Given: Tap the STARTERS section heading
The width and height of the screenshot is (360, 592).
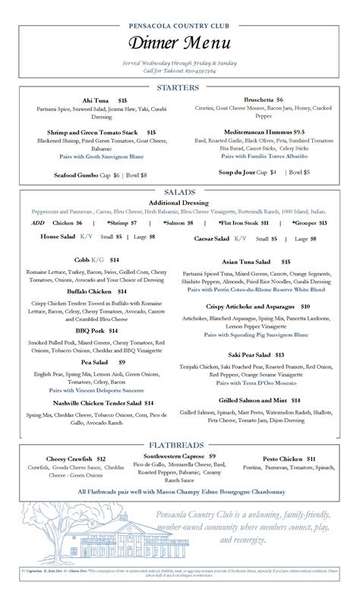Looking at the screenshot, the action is click(x=178, y=88).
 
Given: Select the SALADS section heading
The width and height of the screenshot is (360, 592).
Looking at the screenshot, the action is click(x=179, y=192).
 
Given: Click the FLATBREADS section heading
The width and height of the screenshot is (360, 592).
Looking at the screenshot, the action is click(x=179, y=445).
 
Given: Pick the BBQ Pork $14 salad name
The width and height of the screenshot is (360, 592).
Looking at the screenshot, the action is click(x=96, y=331).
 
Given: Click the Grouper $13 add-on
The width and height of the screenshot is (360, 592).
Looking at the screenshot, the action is click(x=310, y=223).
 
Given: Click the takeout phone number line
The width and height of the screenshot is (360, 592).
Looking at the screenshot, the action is click(x=179, y=70).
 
